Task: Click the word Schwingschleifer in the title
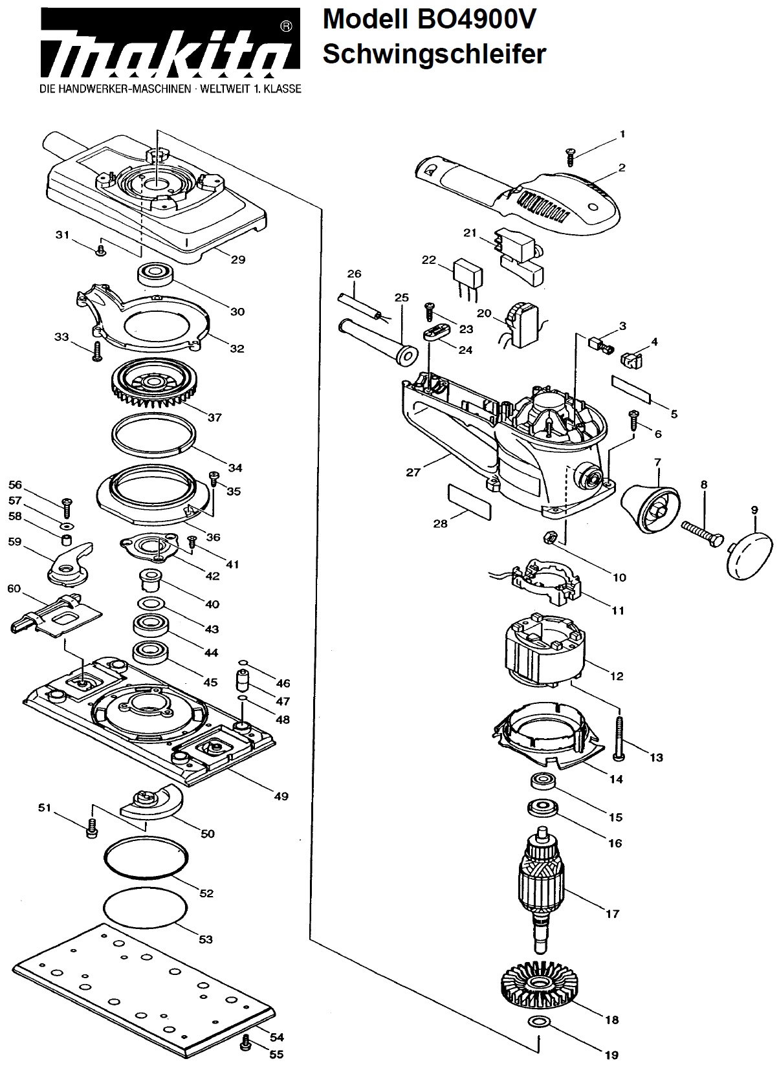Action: tap(434, 54)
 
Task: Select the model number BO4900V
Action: tap(477, 19)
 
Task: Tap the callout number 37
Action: tap(214, 417)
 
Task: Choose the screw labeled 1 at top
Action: tap(570, 157)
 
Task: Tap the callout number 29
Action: tap(238, 259)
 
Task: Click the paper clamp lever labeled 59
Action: tap(71, 563)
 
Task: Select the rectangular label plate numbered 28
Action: tap(470, 501)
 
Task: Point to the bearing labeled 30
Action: tap(155, 274)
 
